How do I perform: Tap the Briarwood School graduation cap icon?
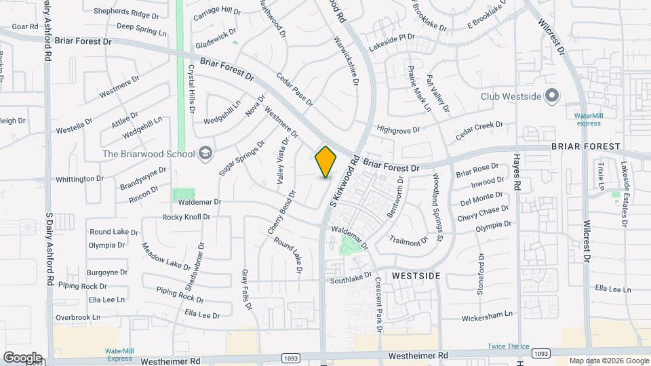tap(205, 153)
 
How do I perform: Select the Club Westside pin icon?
tap(552, 96)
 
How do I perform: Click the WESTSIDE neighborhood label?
tap(416, 276)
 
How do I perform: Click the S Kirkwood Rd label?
tap(343, 181)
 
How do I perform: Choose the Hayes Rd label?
tap(517, 171)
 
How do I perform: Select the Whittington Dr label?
tap(79, 179)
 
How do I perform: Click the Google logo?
tap(22, 357)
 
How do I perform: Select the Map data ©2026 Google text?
tap(608, 361)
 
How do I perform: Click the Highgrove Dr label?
tap(399, 128)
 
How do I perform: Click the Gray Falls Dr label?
tap(247, 289)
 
